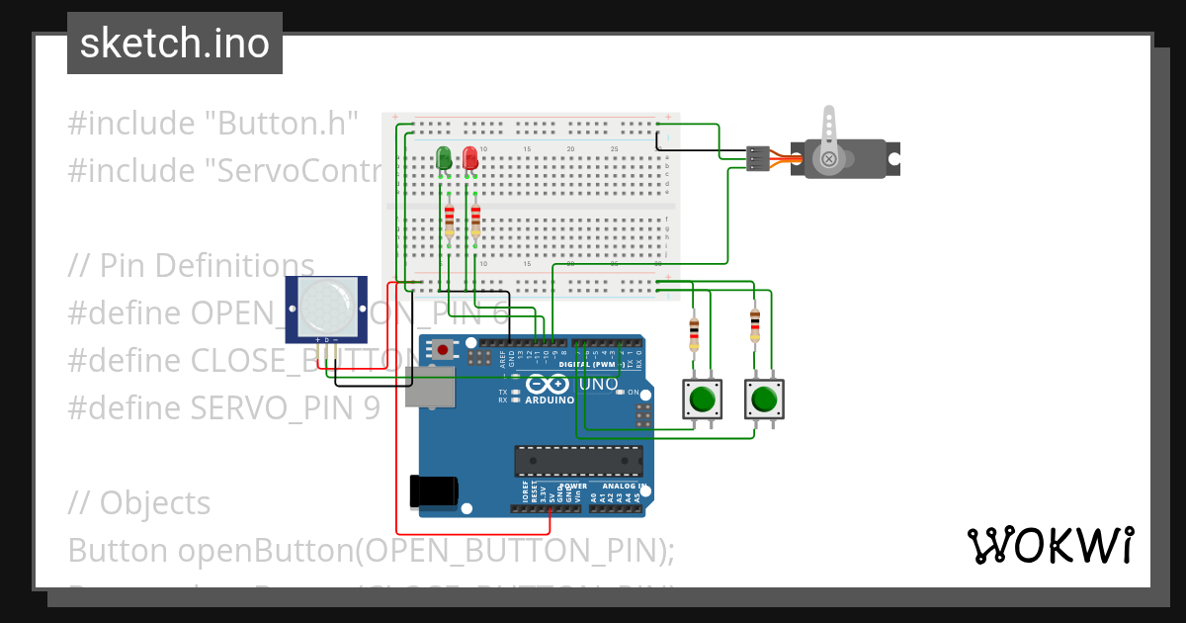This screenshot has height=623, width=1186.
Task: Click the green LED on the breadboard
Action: point(444,157)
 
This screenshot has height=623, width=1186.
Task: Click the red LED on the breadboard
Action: point(470,157)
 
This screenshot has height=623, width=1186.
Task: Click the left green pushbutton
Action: point(702,399)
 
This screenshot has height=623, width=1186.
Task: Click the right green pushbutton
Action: point(763,399)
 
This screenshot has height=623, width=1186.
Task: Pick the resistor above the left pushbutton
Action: point(694,332)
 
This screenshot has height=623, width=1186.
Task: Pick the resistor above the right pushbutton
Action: point(755,323)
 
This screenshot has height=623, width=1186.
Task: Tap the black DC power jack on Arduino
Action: point(434,491)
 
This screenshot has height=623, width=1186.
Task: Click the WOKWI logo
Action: point(1050,545)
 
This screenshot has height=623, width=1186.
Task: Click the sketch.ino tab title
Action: point(175,44)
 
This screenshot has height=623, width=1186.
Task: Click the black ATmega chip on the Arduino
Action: point(578,461)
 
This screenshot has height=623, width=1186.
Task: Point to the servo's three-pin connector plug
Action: point(758,158)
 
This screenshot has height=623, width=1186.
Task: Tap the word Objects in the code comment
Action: point(155,502)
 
